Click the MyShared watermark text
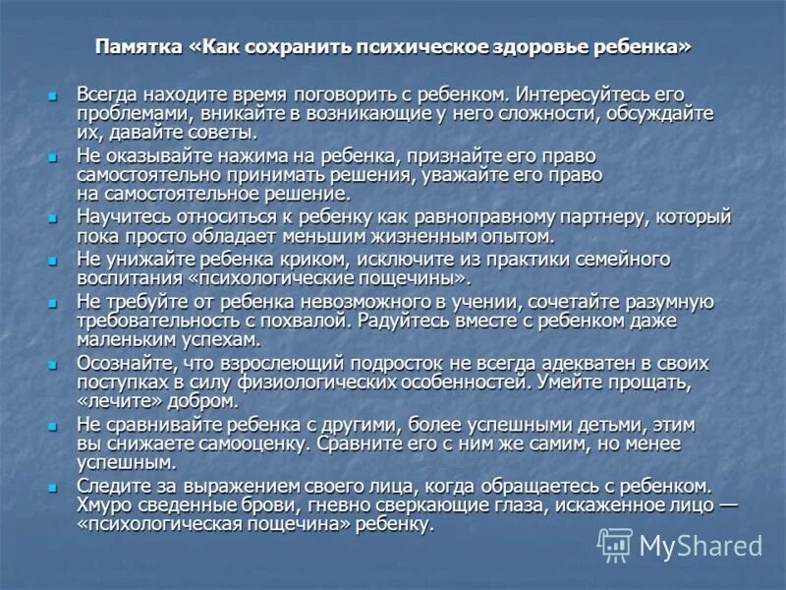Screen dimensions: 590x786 tap(701, 546)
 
